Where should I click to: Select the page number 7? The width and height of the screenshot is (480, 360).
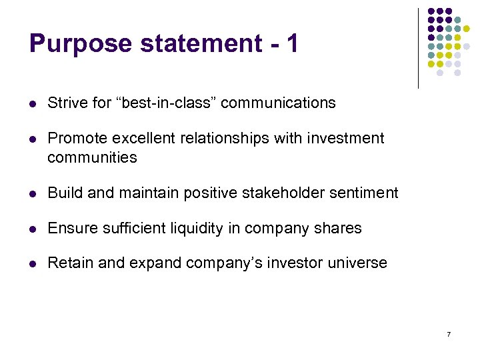click(x=449, y=333)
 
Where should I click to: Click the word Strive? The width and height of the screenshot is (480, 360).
click(x=65, y=103)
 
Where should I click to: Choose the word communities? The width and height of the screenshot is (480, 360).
click(x=92, y=157)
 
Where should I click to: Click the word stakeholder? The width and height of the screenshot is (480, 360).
click(x=269, y=193)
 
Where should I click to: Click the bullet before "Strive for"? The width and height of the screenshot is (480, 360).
click(x=33, y=103)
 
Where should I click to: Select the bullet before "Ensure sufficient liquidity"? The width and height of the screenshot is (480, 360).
click(x=33, y=229)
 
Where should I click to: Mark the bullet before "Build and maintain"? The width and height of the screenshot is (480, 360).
click(x=33, y=193)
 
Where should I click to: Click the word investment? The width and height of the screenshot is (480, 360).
click(x=347, y=138)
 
